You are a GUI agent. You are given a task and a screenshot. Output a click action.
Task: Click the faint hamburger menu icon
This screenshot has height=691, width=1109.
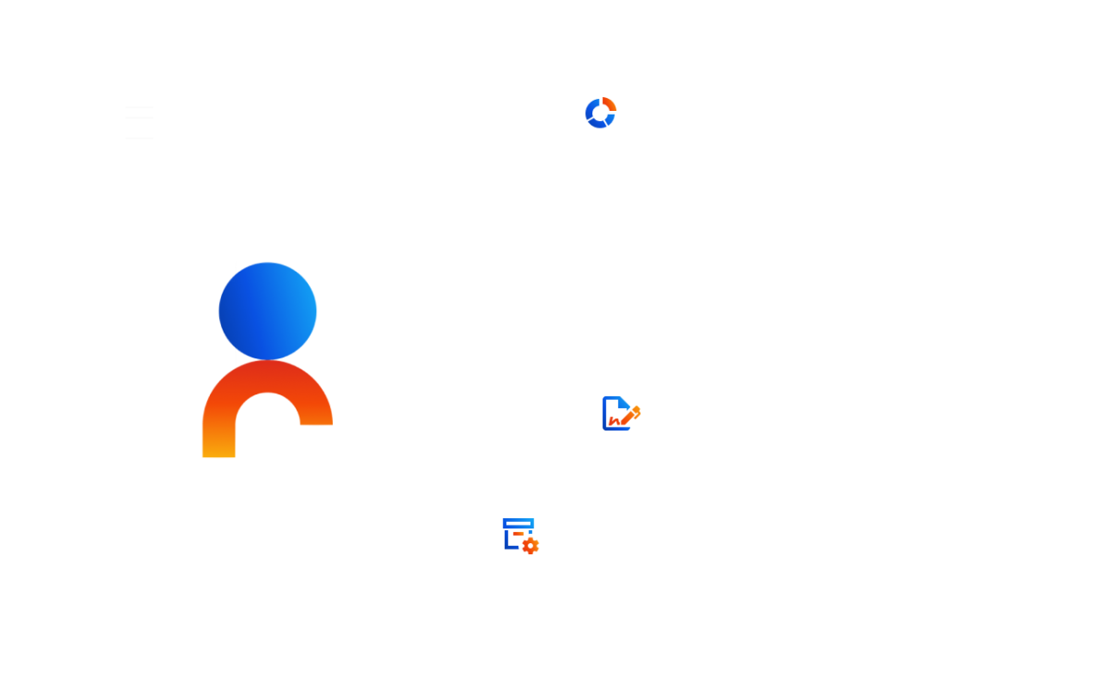[140, 122]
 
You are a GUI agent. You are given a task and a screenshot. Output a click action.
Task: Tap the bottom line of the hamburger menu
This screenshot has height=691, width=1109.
[140, 138]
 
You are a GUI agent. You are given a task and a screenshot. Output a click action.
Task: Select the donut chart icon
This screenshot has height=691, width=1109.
[601, 113]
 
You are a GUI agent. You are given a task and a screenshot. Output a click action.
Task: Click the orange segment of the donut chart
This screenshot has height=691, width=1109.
[610, 104]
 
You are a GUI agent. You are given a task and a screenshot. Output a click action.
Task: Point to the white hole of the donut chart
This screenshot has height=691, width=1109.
[601, 114]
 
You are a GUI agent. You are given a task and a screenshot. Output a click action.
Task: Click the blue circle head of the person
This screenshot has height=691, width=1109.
[268, 311]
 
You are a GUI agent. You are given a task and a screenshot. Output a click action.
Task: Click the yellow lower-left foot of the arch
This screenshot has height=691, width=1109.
[218, 449]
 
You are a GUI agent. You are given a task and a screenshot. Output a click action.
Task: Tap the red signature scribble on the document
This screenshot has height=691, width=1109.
[614, 422]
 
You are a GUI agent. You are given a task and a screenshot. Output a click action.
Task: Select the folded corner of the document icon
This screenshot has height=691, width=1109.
[625, 402]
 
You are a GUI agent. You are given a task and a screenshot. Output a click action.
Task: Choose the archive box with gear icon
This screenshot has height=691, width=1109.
[520, 536]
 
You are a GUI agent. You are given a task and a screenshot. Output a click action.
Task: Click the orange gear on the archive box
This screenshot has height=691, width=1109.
[530, 546]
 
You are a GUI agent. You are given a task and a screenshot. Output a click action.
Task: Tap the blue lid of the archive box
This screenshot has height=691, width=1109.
[518, 523]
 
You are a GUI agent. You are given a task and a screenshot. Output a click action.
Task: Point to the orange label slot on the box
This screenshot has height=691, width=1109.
[518, 534]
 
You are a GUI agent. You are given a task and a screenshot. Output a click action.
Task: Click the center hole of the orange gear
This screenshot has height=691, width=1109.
[530, 546]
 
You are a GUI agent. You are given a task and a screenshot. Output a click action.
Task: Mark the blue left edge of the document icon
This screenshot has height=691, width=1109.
[605, 414]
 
